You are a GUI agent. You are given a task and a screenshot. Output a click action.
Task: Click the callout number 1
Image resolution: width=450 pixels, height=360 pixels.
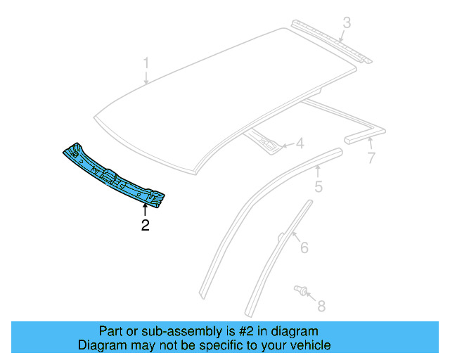[146, 63]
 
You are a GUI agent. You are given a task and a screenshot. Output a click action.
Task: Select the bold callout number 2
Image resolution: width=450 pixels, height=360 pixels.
[145, 226]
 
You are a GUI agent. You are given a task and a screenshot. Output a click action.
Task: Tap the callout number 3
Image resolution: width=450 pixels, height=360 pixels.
[347, 24]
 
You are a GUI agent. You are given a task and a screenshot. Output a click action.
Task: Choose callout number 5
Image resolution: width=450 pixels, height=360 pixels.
[318, 187]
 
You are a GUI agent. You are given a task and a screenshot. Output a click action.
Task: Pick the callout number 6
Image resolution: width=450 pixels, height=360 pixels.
[304, 247]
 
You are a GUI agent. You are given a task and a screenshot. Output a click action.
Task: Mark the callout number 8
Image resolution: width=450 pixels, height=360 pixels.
[322, 306]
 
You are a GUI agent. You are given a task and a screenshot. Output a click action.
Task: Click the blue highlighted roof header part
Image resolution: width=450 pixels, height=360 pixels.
[116, 176]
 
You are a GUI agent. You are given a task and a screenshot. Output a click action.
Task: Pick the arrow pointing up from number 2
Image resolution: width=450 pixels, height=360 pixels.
[145, 210]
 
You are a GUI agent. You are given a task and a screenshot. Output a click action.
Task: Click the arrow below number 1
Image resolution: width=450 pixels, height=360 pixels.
[146, 77]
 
